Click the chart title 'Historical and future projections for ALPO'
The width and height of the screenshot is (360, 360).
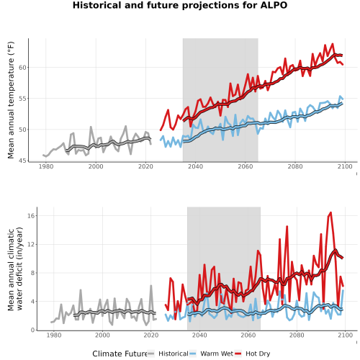coord(180,5)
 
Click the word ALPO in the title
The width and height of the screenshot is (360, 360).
coord(274,5)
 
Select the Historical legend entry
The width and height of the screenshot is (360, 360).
coord(168,354)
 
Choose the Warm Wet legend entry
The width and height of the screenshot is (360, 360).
coord(211,354)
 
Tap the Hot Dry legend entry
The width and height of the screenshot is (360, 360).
coord(253,354)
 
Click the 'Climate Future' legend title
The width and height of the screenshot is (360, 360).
coord(120,354)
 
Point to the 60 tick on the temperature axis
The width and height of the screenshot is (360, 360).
coord(22,68)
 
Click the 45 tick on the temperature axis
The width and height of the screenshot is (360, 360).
coord(22,161)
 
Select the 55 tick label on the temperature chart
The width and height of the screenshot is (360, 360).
coord(22,99)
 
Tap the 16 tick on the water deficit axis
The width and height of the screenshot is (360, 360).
coord(31,215)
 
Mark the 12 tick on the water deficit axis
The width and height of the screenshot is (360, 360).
coord(31,244)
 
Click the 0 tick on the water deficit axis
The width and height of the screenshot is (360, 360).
coord(33,330)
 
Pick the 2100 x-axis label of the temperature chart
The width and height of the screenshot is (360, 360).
coord(345,166)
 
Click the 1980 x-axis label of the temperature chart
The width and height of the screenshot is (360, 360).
coord(46,166)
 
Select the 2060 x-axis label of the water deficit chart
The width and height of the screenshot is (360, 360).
coord(248,335)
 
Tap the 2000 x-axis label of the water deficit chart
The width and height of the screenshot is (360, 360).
coord(102,335)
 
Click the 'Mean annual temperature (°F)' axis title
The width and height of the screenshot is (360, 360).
coord(11,100)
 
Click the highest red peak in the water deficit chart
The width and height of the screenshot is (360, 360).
coord(331,212)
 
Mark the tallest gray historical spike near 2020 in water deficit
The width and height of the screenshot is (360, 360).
coord(151,286)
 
